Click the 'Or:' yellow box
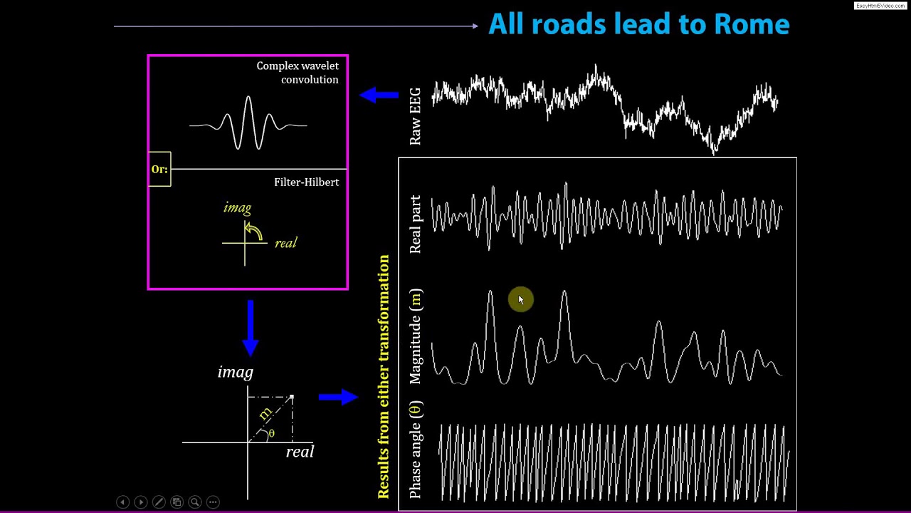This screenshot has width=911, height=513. point(159,170)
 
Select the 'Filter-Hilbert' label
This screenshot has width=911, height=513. point(306,182)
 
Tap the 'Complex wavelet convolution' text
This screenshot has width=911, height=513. point(297,73)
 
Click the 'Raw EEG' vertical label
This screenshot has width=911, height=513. point(416,116)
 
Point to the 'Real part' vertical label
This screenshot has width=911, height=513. point(416,224)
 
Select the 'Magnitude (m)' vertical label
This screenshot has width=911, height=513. point(416,336)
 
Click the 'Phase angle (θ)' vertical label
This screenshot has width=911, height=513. point(416,450)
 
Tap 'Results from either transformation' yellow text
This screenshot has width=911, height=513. point(384,376)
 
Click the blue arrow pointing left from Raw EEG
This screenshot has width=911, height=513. point(379,95)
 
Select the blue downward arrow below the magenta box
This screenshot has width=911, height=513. point(250,328)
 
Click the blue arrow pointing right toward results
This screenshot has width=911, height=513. point(338,397)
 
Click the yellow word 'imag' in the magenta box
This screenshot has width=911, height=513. point(237,208)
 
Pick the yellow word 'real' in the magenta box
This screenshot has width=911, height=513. point(285,243)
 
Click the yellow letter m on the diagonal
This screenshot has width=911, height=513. point(265,413)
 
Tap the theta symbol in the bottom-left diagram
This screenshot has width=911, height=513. point(271,433)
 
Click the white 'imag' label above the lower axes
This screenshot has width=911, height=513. point(235,372)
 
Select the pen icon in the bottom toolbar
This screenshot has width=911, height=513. point(159,502)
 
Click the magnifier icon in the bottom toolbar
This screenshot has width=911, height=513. point(194,502)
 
